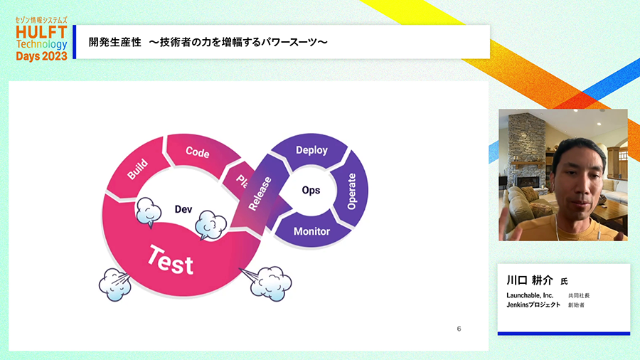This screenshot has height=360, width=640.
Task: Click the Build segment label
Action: point(137,169)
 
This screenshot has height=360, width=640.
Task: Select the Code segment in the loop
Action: point(198,152)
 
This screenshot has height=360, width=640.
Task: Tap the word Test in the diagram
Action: point(171,260)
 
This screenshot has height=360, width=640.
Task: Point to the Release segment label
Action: point(260,194)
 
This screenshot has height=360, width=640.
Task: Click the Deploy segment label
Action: point(311,150)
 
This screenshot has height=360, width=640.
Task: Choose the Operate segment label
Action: point(351,191)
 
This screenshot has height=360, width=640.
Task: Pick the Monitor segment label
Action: point(311,231)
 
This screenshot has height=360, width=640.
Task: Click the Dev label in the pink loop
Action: point(183,209)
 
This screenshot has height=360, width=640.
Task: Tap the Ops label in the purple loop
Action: point(311,190)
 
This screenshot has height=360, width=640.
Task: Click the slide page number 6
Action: point(459,329)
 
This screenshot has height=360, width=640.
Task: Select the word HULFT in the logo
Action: point(41,32)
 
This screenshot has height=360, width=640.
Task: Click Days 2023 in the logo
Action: point(41,56)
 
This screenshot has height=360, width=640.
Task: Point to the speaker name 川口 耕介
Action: point(529,280)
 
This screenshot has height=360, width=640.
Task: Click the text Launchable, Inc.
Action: point(530,295)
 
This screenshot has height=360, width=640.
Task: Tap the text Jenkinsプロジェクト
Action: point(533,305)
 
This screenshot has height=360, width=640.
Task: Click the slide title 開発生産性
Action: point(114,42)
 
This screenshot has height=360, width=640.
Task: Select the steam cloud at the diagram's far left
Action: point(114,285)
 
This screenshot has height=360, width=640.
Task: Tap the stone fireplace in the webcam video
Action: point(527,155)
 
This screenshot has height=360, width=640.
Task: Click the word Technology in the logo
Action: point(42,44)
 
